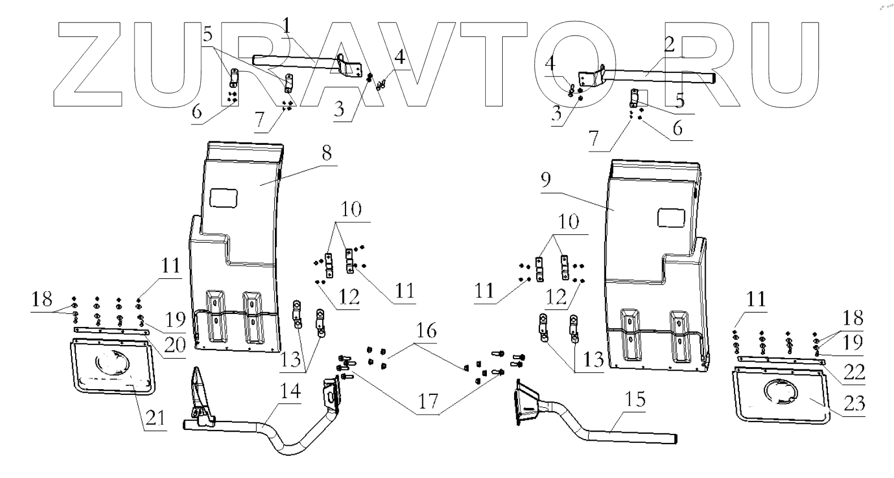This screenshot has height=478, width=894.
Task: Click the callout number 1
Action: pos(287,25)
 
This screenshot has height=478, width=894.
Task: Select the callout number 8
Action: pos(326,153)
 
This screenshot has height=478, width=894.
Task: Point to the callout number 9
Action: pos(545,180)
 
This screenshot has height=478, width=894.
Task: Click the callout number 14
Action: pos(290,391)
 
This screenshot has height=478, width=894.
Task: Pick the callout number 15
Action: pos(636,399)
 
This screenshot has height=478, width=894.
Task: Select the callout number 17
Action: pos(429,401)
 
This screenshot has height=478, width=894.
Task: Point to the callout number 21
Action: pos(155,418)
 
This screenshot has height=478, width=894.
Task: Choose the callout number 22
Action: pos(854,372)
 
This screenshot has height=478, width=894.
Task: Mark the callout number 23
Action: pos(854,403)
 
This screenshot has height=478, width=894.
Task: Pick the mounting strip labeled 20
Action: pos(111,330)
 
